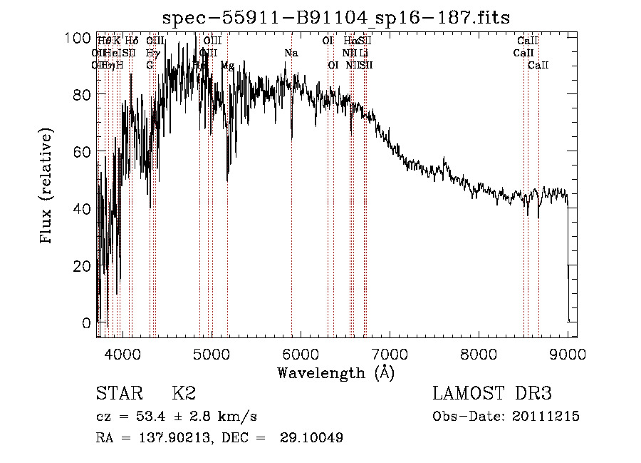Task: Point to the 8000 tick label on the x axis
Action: [479, 353]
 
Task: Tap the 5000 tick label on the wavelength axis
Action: [211, 353]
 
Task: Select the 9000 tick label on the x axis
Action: [568, 353]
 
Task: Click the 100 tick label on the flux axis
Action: [82, 37]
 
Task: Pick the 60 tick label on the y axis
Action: [85, 151]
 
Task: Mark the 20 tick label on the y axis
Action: [85, 265]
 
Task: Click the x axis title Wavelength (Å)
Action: [335, 372]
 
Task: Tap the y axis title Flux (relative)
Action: [48, 187]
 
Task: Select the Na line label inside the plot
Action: [291, 53]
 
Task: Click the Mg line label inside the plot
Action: [227, 65]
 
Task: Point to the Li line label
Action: [363, 53]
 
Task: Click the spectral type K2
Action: [184, 394]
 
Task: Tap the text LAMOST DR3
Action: [491, 394]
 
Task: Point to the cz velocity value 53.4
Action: [151, 417]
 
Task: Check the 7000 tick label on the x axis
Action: [390, 353]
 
